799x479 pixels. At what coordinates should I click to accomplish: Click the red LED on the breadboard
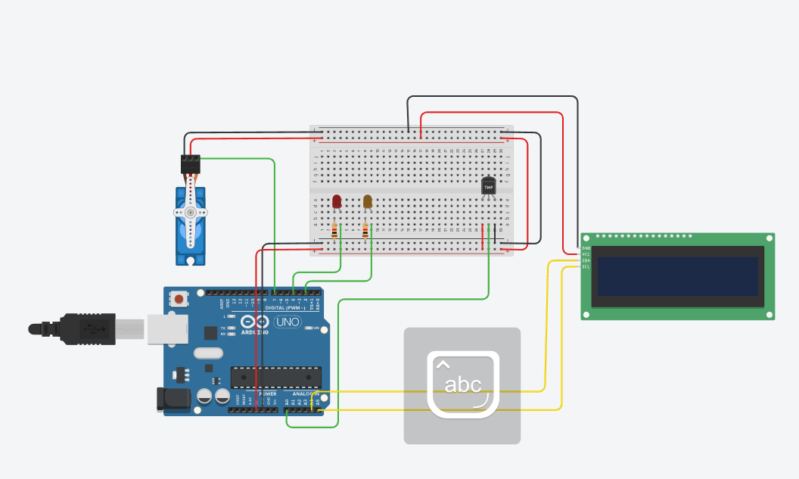337,201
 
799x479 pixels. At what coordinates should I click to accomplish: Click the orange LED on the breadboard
368,201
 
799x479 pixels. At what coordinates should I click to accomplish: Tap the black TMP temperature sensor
489,185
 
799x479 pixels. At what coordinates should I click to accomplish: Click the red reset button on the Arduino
179,299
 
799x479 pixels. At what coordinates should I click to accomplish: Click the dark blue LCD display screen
677,276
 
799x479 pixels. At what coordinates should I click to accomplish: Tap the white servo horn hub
191,213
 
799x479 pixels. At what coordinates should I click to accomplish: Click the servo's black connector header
191,163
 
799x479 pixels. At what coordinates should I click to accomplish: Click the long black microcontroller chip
275,376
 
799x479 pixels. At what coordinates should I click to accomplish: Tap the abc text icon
462,384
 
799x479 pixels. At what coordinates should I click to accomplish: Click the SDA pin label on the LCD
586,260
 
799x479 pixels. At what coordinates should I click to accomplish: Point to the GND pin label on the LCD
586,247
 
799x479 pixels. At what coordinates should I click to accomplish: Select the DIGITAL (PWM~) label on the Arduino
286,308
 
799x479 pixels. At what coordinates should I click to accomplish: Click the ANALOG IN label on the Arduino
306,394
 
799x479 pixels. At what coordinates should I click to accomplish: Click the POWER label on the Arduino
267,394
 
